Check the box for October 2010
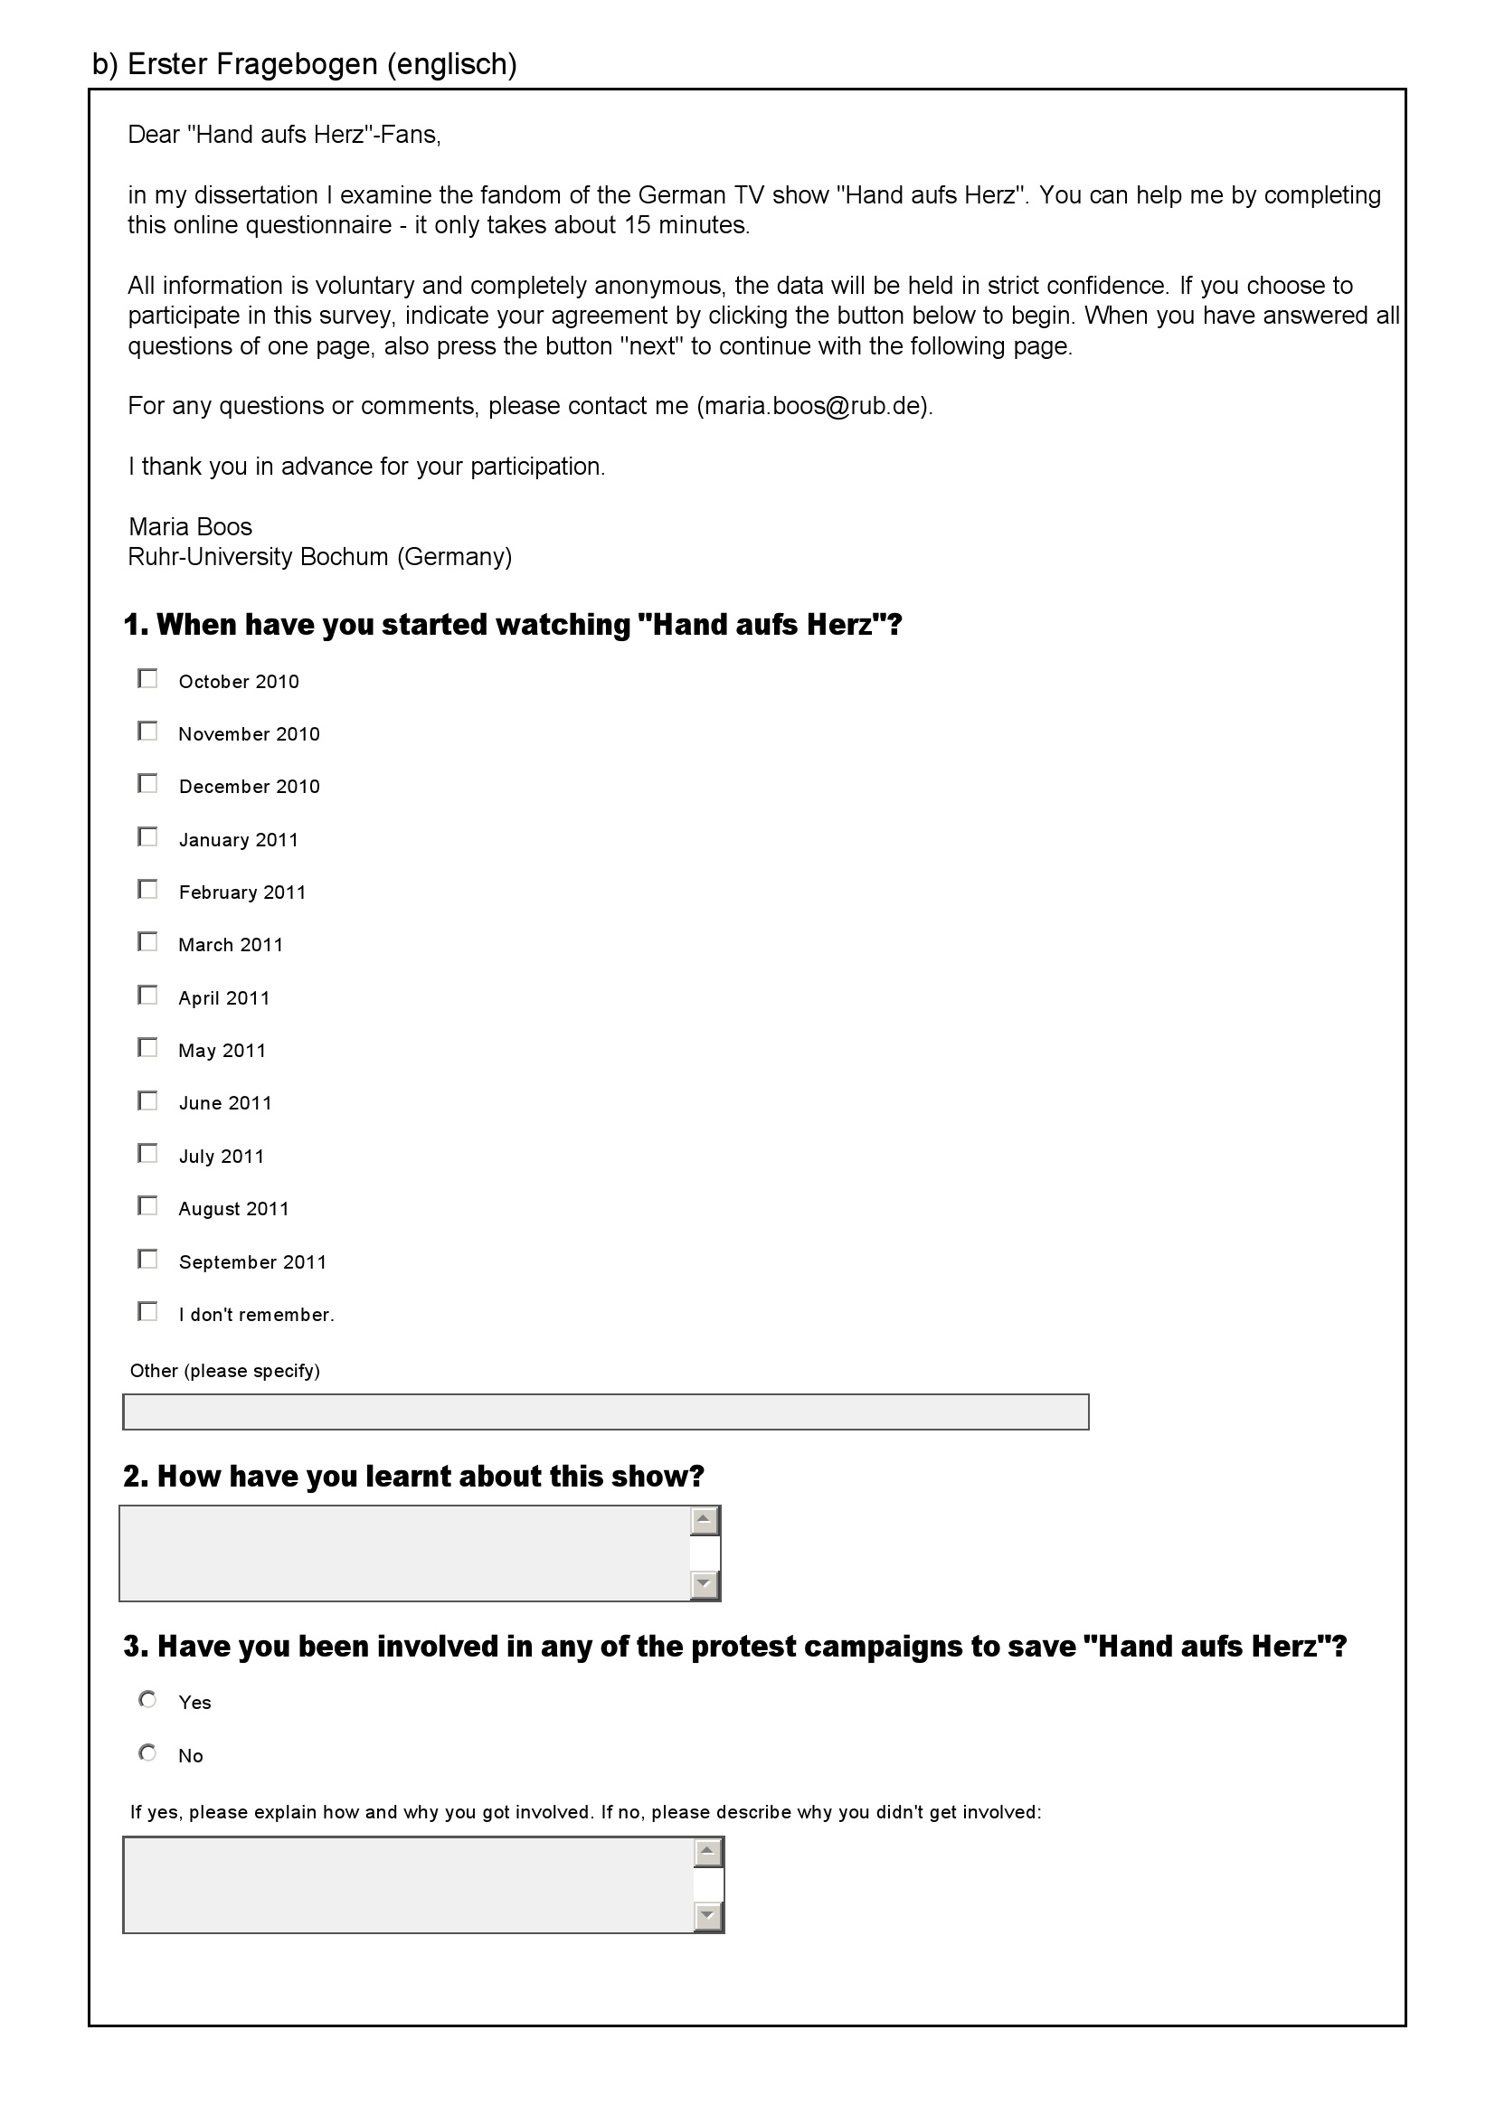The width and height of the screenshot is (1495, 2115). (147, 679)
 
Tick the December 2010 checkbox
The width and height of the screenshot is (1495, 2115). (147, 784)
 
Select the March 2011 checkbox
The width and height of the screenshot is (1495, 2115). (147, 942)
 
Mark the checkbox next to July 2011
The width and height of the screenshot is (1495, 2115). (147, 1153)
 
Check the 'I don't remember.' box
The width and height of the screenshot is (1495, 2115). (147, 1312)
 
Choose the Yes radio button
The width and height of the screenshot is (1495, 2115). (147, 1700)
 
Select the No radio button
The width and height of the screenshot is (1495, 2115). (147, 1753)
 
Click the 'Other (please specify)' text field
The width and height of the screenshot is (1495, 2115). (605, 1412)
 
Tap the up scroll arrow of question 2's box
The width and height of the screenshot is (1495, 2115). (705, 1521)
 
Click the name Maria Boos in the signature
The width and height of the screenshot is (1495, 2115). (190, 527)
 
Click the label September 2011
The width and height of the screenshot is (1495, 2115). (252, 1262)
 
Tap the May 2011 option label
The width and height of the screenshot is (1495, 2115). (222, 1051)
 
